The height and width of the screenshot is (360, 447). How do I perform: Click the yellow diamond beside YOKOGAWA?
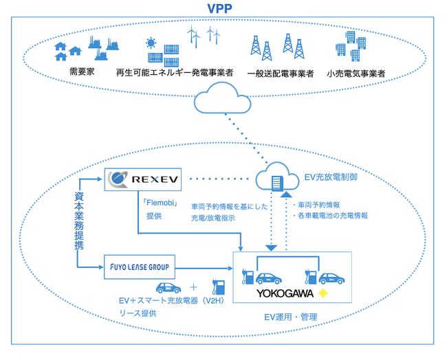[x=323, y=295]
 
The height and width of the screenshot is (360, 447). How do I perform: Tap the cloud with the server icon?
[x=277, y=181]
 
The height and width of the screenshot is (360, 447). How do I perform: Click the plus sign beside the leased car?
[x=193, y=286]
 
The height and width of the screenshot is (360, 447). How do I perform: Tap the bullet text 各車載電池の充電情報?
[x=333, y=215]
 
